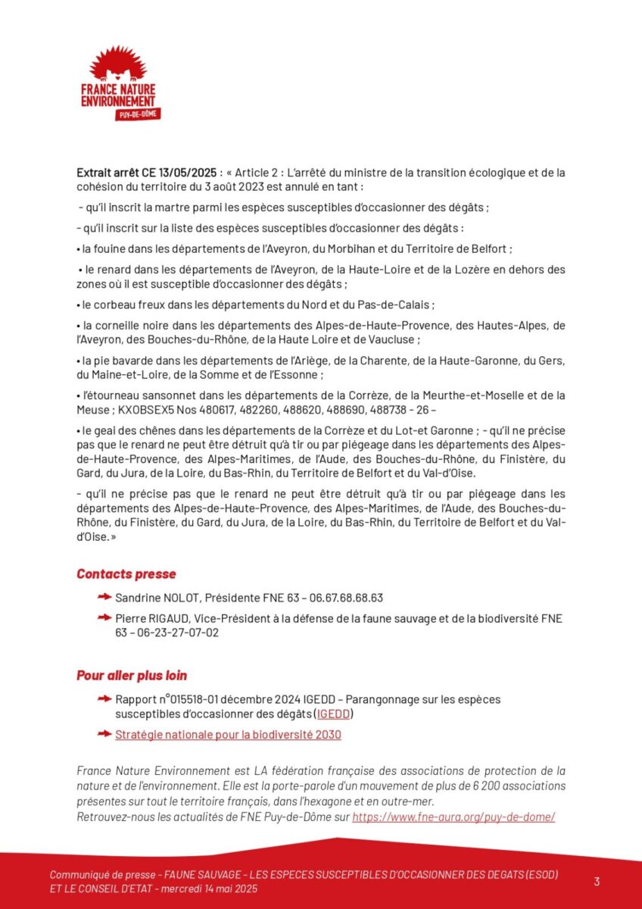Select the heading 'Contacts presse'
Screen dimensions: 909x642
126,574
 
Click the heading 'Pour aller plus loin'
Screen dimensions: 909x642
132,675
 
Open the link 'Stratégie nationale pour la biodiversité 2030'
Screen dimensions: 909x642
228,734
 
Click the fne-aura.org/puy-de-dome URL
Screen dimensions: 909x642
453,817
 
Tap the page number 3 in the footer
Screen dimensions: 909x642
597,881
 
